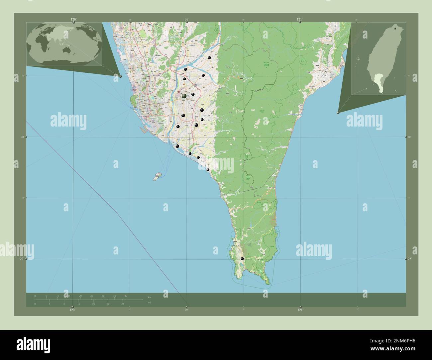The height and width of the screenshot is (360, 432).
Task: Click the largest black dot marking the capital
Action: point(184,96)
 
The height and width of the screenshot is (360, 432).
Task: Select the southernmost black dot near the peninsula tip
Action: point(242,259)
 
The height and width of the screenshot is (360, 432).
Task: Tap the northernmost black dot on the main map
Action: point(210,58)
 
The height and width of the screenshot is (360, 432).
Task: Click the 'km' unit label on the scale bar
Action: point(150,297)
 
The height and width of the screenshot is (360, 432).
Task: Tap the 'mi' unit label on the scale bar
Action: point(150,303)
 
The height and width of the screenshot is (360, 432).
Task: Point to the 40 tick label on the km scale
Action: point(126,296)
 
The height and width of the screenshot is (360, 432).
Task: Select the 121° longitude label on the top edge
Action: point(300,19)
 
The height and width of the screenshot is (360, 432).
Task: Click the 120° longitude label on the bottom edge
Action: point(72,310)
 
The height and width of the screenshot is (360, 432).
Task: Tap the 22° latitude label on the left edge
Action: point(22,259)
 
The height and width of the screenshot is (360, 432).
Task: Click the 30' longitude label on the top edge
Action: point(187,20)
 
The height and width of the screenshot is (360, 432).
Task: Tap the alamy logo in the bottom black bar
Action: point(34,343)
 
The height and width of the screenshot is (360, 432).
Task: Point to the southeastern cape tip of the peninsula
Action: point(268,284)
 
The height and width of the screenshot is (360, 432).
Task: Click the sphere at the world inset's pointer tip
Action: point(120,76)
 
